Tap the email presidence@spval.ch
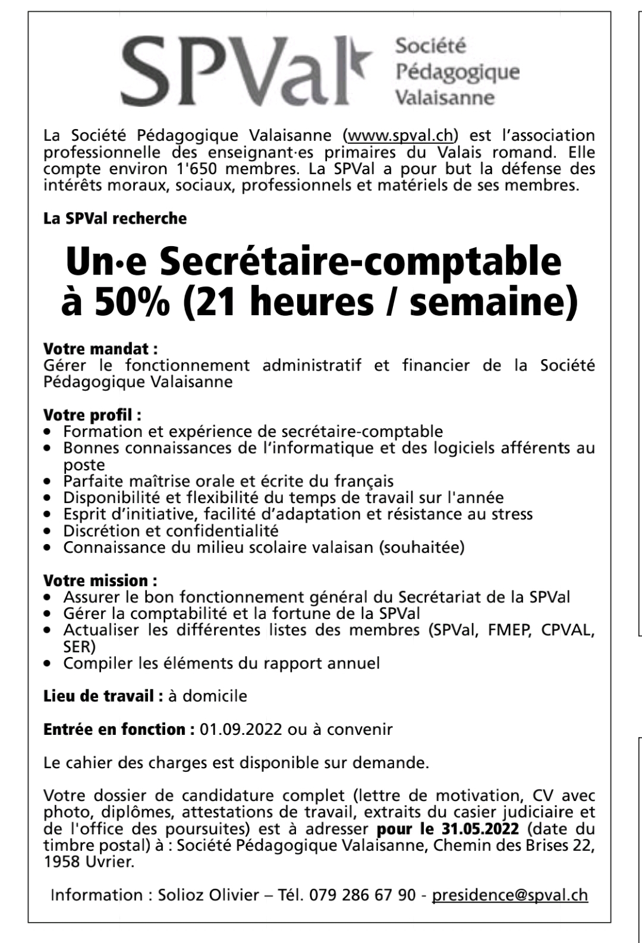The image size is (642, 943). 509,895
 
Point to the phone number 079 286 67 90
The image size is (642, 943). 362,895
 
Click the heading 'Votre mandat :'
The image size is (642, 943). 101,349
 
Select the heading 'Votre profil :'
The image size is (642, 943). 93,414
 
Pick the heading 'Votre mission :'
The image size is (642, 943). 100,580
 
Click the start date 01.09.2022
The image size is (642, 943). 241,729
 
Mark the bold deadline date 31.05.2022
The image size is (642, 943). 480,829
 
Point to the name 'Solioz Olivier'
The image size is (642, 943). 209,895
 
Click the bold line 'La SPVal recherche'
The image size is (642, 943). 115,219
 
